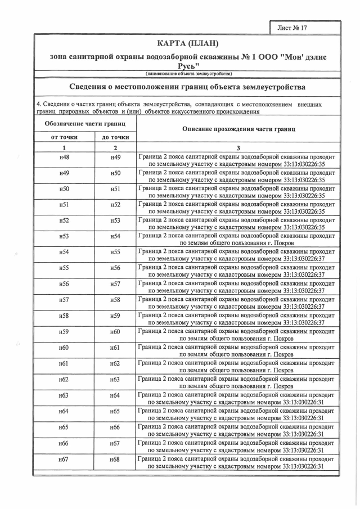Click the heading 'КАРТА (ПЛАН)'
tap(188, 44)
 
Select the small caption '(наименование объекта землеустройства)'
tap(188, 74)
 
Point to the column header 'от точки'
tap(64, 137)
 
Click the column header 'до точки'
tap(115, 137)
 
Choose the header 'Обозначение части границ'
tap(85, 123)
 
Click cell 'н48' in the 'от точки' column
tap(64, 157)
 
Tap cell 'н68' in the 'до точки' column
tap(115, 460)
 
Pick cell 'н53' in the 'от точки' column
tap(64, 236)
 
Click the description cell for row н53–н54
tap(237, 239)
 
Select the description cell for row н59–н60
tap(237, 335)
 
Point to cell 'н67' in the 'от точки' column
tap(64, 460)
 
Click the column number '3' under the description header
tap(238, 147)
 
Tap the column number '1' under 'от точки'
tap(64, 147)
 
